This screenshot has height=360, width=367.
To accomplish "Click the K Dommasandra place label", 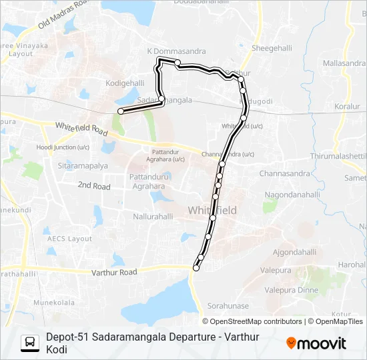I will click(175, 51).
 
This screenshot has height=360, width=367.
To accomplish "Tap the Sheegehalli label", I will click(270, 48).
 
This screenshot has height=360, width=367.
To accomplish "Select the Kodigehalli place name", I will click(125, 83).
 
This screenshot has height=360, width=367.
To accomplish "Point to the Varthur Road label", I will click(115, 272).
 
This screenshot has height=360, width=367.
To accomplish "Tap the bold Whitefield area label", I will click(212, 210).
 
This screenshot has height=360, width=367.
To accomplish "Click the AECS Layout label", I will click(71, 239).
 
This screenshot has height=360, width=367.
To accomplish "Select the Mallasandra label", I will click(345, 63).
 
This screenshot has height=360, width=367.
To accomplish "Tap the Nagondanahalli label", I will click(294, 195).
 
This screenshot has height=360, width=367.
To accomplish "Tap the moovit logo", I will click(316, 343).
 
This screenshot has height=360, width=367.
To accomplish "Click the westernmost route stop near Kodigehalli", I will click(120, 111).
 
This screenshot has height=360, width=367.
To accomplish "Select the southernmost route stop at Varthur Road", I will click(196, 268).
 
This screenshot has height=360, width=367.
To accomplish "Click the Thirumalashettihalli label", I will click(339, 155).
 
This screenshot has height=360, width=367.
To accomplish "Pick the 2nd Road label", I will click(94, 186).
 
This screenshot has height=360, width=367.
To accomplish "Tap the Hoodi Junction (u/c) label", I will click(64, 147).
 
